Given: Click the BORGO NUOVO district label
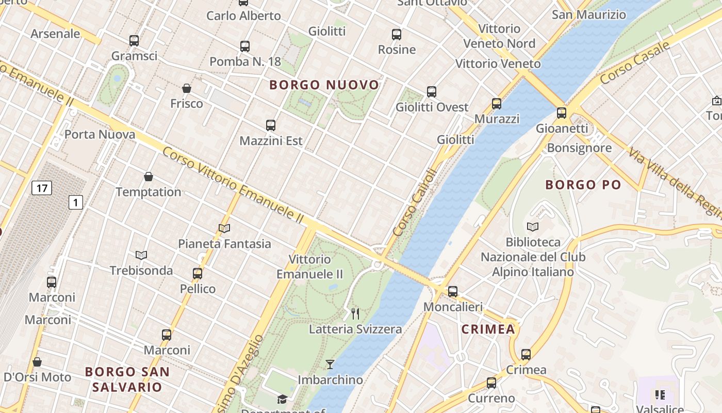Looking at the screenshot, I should [324, 85].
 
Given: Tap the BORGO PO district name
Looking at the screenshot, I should [583, 185].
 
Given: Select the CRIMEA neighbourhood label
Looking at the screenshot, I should [488, 329].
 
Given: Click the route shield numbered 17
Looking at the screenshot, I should [41, 188].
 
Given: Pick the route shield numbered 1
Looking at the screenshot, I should [76, 202].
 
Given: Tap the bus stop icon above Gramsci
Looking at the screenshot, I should [134, 40].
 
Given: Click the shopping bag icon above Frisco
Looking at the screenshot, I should [187, 88].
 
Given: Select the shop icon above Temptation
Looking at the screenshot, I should [149, 177].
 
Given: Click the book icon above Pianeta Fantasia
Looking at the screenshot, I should [224, 228].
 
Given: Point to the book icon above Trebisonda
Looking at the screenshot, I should [141, 255].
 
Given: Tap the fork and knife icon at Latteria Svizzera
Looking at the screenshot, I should [355, 313].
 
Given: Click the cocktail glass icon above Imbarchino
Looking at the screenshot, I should [330, 364].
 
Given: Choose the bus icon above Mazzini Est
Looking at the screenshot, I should [271, 125].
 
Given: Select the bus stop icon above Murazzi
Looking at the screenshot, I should [497, 104].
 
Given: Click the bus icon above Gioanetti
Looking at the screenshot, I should [562, 113].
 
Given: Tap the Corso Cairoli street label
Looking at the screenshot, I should [414, 203].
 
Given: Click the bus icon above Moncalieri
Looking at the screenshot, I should [453, 291].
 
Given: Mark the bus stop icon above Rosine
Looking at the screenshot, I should [397, 35].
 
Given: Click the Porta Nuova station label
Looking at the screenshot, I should [100, 135].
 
